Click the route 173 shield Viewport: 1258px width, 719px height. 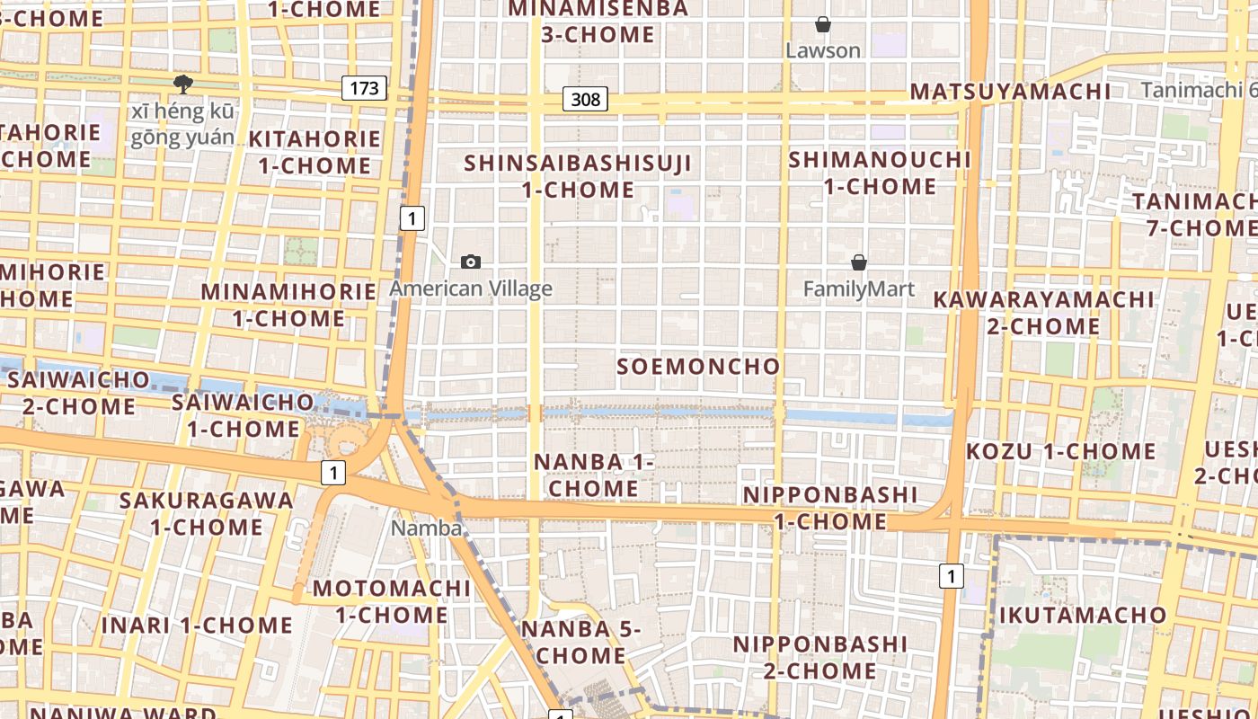click(x=364, y=88)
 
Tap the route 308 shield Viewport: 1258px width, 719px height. click(x=585, y=99)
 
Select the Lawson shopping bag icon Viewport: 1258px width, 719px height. click(x=822, y=24)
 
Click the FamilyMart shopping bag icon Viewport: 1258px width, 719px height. click(x=859, y=262)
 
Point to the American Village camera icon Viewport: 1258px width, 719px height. click(x=470, y=262)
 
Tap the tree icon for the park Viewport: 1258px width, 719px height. click(x=183, y=85)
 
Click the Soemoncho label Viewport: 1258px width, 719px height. click(x=698, y=367)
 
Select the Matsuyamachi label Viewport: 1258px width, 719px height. click(x=1010, y=92)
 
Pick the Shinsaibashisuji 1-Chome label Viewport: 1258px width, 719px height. click(x=579, y=176)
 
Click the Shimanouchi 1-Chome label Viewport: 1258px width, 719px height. click(x=880, y=173)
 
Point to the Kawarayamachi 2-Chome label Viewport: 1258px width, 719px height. click(x=1043, y=312)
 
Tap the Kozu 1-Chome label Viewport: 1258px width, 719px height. click(x=1060, y=451)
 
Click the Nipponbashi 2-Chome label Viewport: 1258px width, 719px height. click(x=819, y=657)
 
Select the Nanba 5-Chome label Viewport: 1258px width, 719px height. click(x=580, y=642)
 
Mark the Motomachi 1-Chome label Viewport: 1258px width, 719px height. click(x=391, y=601)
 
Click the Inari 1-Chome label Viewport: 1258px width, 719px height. click(x=197, y=626)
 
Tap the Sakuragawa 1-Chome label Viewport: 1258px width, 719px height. click(x=207, y=512)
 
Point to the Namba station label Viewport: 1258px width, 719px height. click(x=426, y=528)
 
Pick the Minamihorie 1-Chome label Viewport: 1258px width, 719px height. click(x=288, y=305)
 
